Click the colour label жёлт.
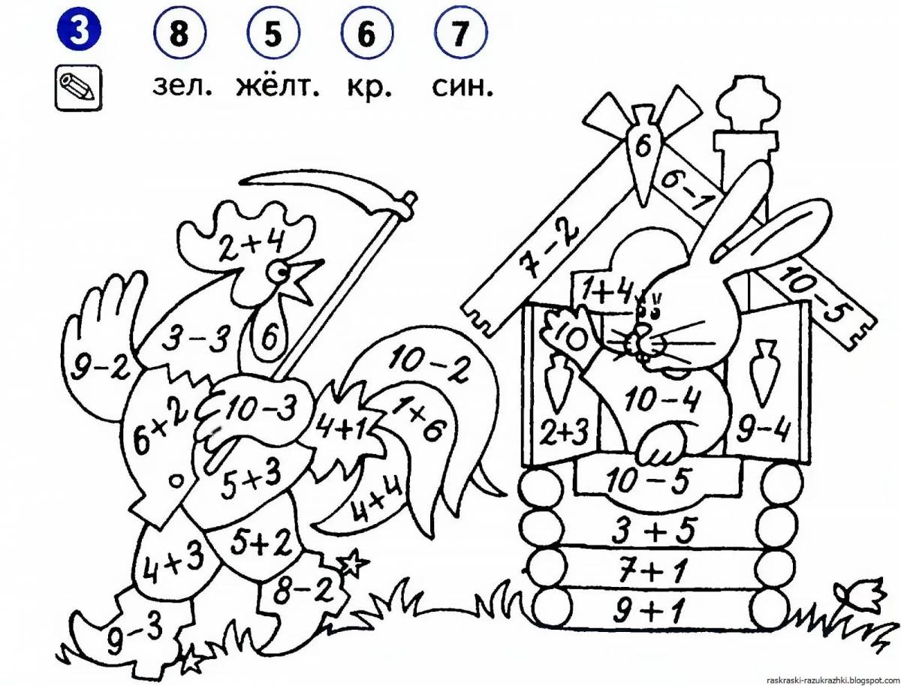tap(277, 87)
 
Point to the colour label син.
tap(463, 87)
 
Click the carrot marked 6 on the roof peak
tap(643, 149)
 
